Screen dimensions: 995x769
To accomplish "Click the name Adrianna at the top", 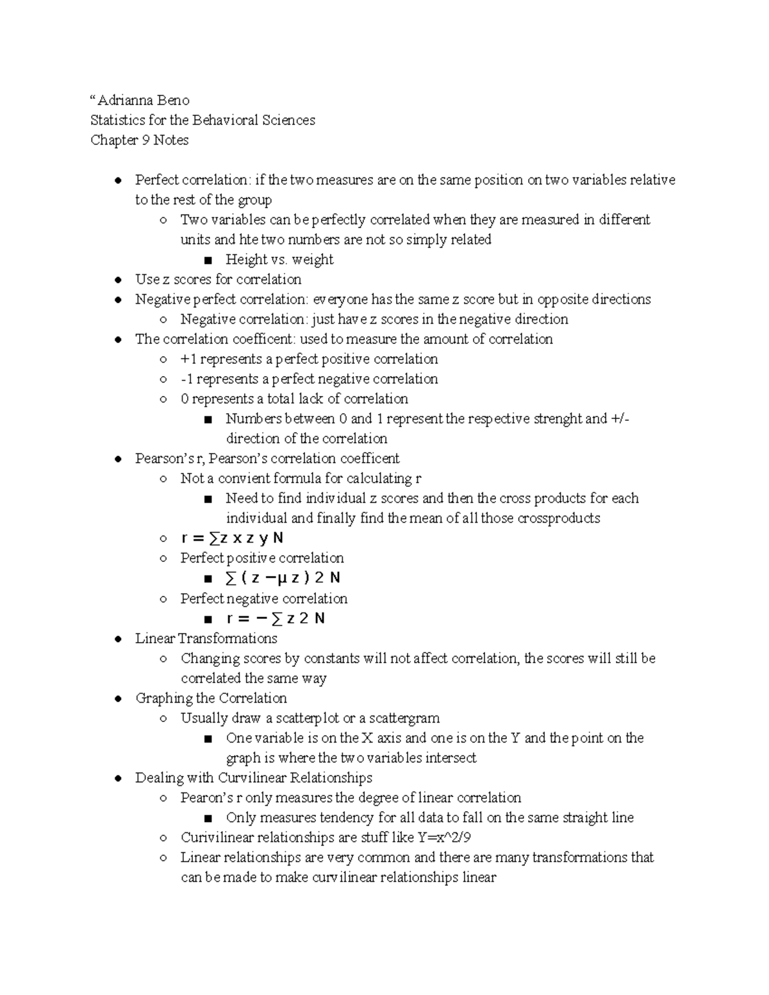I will [120, 101].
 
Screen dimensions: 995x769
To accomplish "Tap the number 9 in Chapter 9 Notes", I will [145, 140].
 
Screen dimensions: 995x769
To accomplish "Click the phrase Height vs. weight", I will [279, 259].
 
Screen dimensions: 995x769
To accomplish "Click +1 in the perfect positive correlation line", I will [188, 359].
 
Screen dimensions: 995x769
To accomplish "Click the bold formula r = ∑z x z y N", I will [232, 538].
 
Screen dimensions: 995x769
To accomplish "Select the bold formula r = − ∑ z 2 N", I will [276, 618].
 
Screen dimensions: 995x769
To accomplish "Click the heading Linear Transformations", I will [206, 639].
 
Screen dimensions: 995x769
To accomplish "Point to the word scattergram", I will [404, 718].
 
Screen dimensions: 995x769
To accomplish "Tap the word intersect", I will [451, 758].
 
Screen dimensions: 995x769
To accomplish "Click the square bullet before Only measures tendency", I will [208, 818].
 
